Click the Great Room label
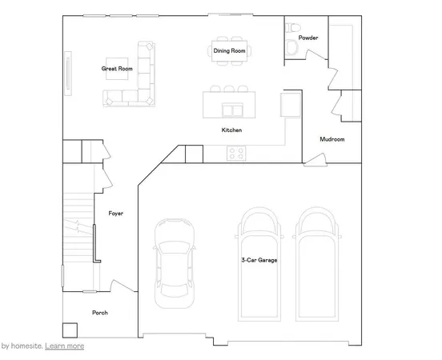pyautogui.click(x=116, y=69)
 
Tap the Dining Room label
pyautogui.click(x=228, y=50)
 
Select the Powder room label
pyautogui.click(x=308, y=38)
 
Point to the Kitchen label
pyautogui.click(x=232, y=130)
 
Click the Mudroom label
pyautogui.click(x=331, y=139)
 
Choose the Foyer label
pyautogui.click(x=115, y=213)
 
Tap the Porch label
pyautogui.click(x=100, y=313)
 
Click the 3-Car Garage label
pyautogui.click(x=259, y=260)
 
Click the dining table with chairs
pyautogui.click(x=228, y=50)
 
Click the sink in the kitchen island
pyautogui.click(x=232, y=108)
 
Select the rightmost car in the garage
pyautogui.click(x=315, y=264)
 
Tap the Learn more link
pyautogui.click(x=65, y=346)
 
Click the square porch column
pyautogui.click(x=70, y=329)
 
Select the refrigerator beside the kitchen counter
pyautogui.click(x=287, y=105)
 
